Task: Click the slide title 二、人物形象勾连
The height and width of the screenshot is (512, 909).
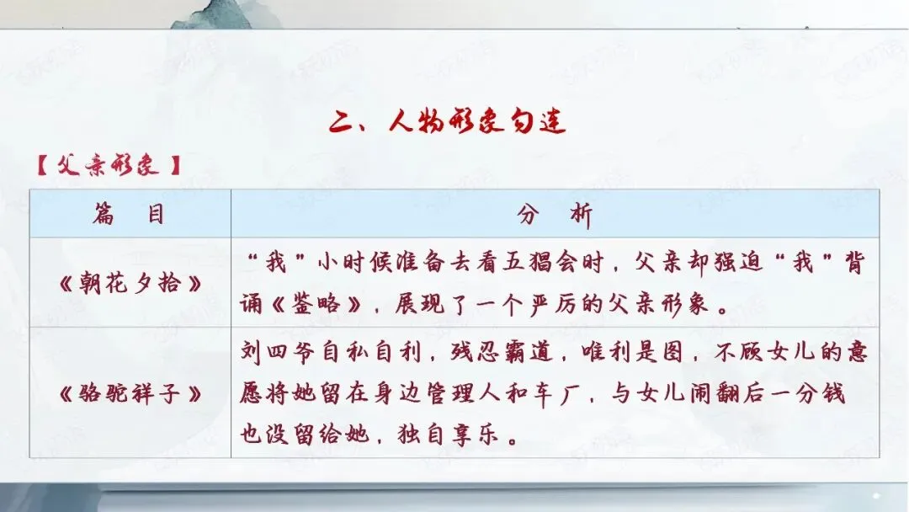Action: pyautogui.click(x=447, y=123)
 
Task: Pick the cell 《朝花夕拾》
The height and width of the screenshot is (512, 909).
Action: pyautogui.click(x=130, y=283)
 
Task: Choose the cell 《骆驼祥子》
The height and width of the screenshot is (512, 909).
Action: pyautogui.click(x=130, y=393)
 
